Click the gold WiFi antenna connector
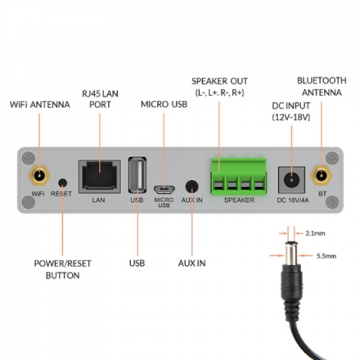pyautogui.click(x=40, y=175)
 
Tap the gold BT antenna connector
pyautogui.click(x=321, y=175)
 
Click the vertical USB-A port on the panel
pyautogui.click(x=137, y=175)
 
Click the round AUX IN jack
pyautogui.click(x=192, y=187)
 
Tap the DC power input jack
pyautogui.click(x=289, y=177)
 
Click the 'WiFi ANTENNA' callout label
pyautogui.click(x=39, y=104)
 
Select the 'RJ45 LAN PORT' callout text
pyautogui.click(x=100, y=99)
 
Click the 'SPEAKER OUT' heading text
pyautogui.click(x=219, y=81)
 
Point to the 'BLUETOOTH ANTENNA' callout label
pyautogui.click(x=321, y=86)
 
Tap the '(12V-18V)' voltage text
pyautogui.click(x=290, y=117)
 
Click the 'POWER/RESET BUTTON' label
pyautogui.click(x=63, y=269)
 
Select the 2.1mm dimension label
pyautogui.click(x=315, y=232)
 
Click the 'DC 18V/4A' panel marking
pyautogui.click(x=290, y=200)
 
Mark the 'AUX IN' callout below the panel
pyautogui.click(x=192, y=263)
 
